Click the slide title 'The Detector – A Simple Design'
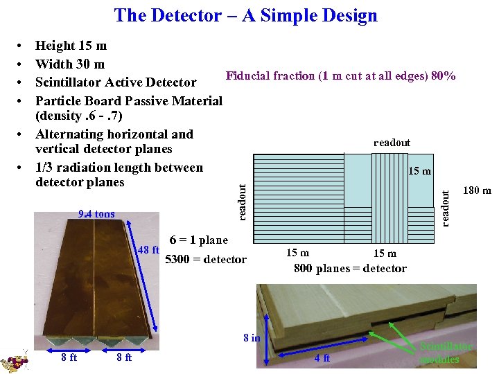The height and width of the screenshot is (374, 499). point(246,15)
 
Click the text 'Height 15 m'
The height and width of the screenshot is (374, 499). point(71,46)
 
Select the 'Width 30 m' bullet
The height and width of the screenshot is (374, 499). point(69,64)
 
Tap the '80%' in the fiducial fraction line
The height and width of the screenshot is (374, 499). point(443,76)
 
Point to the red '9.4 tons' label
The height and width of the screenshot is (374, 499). point(97,214)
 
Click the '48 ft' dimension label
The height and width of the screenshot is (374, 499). point(149,250)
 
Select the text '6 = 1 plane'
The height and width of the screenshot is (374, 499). point(198,240)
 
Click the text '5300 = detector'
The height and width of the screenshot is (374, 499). point(205,260)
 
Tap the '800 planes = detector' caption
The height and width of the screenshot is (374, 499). point(350,269)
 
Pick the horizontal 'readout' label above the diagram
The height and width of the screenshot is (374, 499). point(392,143)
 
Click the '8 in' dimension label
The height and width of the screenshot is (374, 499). point(252,338)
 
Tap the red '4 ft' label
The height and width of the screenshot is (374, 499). point(322,358)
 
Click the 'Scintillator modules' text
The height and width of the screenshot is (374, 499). point(446,353)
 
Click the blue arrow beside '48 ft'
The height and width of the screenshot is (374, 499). point(148,291)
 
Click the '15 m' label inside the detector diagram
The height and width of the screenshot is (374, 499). point(419,170)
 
